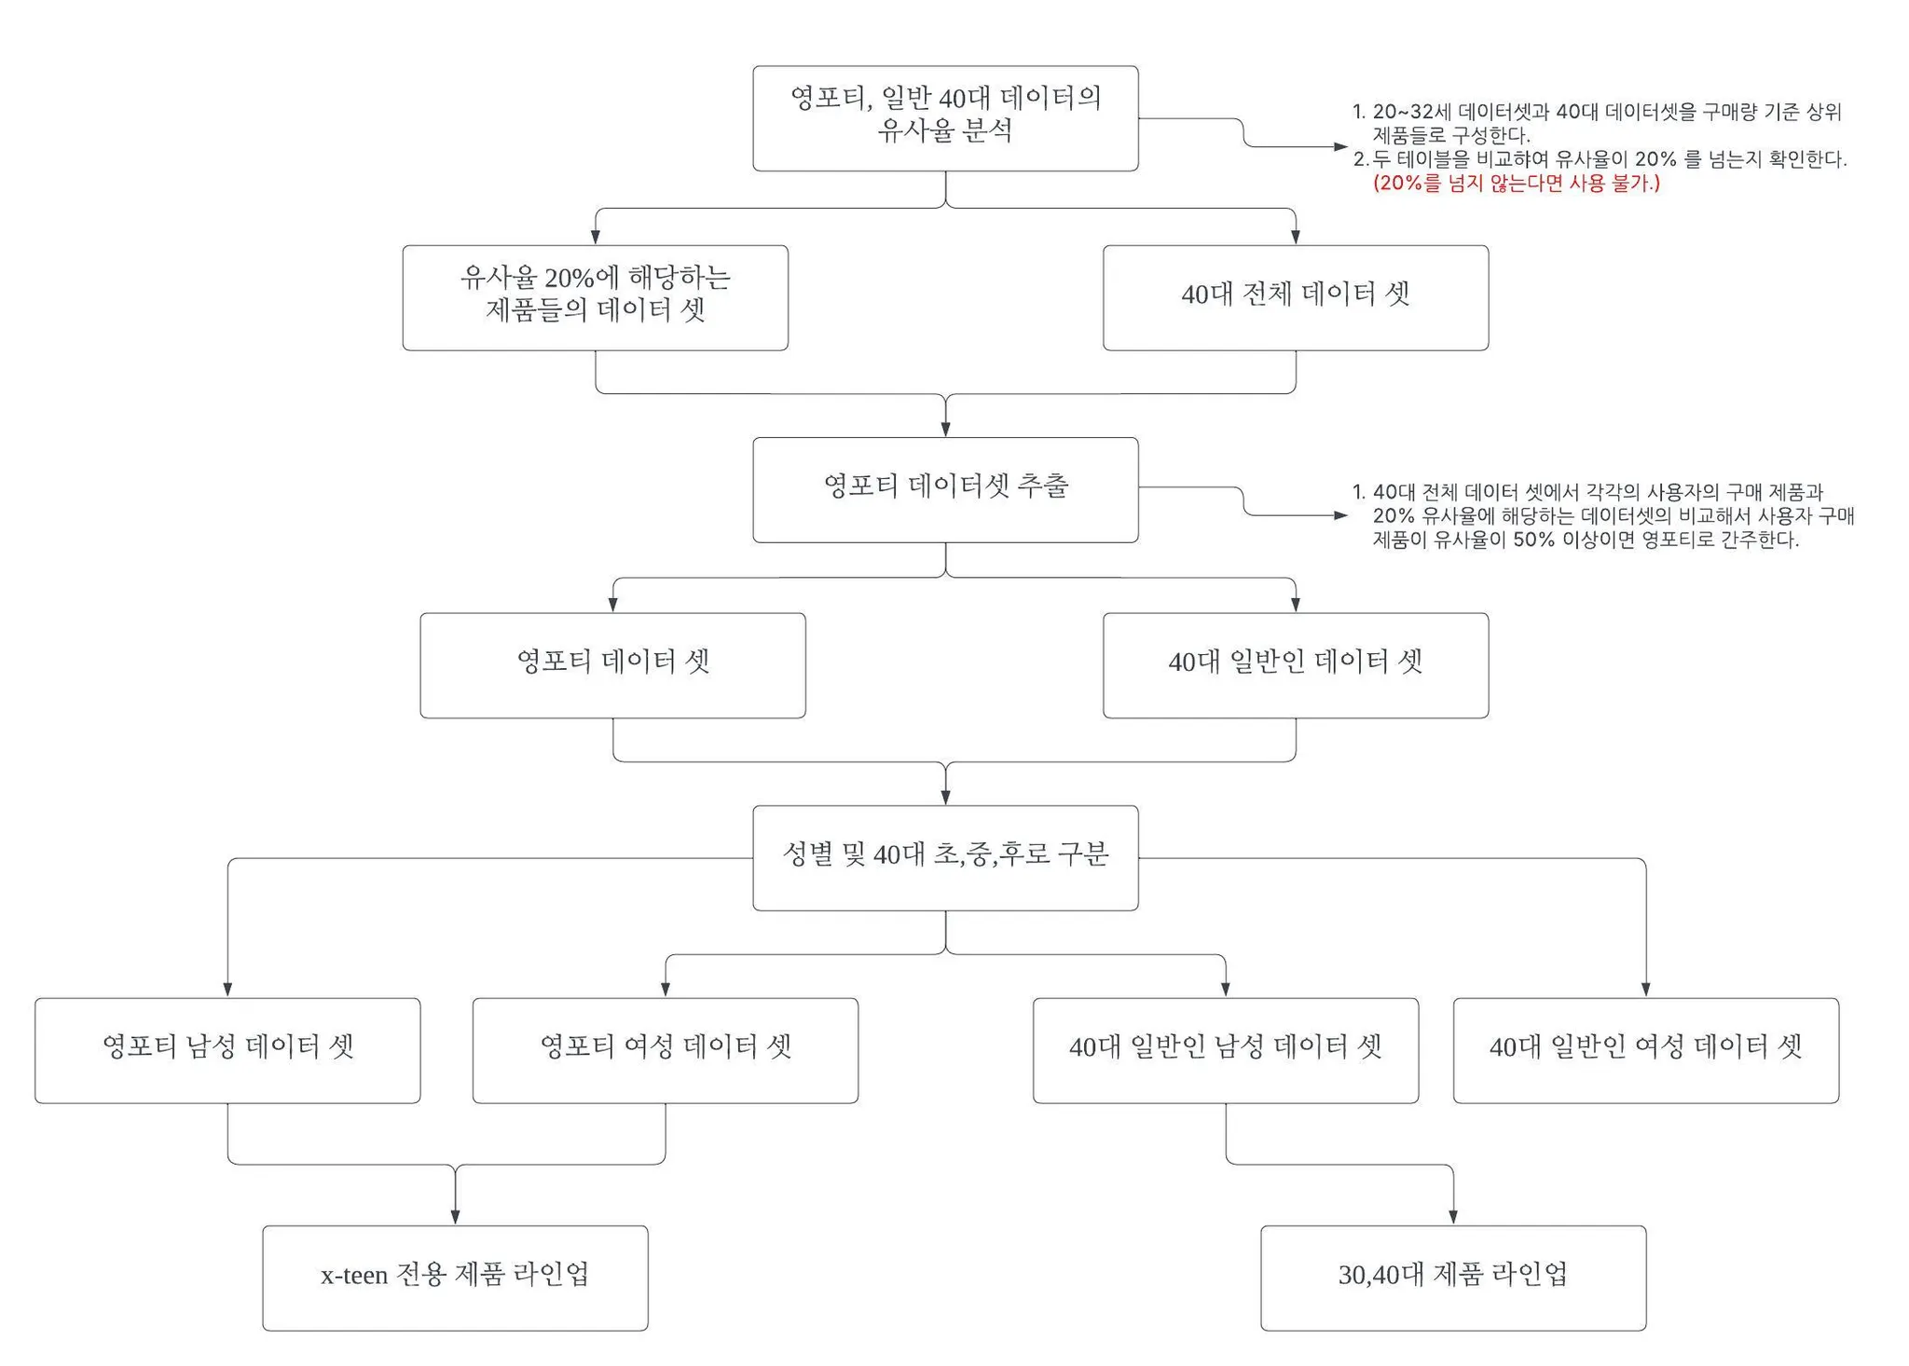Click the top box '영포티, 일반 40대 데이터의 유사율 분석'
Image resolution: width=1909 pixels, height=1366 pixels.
pyautogui.click(x=945, y=118)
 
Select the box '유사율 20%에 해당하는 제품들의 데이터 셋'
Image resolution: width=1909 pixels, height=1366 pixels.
pyautogui.click(x=595, y=297)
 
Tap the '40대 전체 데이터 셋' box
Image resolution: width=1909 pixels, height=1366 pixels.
pyautogui.click(x=1295, y=297)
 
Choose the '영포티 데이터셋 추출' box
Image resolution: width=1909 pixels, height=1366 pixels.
pyautogui.click(x=945, y=489)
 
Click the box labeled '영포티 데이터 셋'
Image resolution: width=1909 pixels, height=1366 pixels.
pyautogui.click(x=612, y=664)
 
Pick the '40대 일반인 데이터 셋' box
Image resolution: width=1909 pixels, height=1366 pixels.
pyautogui.click(x=1295, y=664)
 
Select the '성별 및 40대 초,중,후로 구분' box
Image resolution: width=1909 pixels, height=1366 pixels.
pyautogui.click(x=945, y=857)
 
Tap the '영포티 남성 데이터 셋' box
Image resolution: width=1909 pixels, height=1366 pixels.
pyautogui.click(x=227, y=1050)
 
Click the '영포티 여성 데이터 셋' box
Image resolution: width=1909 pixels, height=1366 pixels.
pyautogui.click(x=665, y=1050)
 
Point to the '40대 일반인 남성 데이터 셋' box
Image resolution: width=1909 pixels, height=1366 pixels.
pyautogui.click(x=1225, y=1050)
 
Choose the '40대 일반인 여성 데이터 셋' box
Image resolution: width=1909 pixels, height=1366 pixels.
pyautogui.click(x=1645, y=1050)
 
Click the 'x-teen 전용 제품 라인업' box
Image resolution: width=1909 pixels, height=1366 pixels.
pyautogui.click(x=455, y=1277)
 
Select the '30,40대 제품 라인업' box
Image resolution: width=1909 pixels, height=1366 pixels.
pyautogui.click(x=1452, y=1277)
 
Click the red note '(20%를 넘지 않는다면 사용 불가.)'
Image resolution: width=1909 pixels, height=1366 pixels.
pyautogui.click(x=1516, y=184)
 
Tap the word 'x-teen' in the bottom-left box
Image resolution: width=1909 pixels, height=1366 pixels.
pyautogui.click(x=354, y=1275)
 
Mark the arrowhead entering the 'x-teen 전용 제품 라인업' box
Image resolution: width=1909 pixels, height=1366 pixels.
pyautogui.click(x=455, y=1217)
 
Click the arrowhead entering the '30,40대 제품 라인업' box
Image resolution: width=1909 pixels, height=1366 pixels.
pyautogui.click(x=1452, y=1217)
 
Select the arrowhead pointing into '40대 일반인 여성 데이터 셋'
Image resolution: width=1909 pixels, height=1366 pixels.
pyautogui.click(x=1645, y=990)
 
